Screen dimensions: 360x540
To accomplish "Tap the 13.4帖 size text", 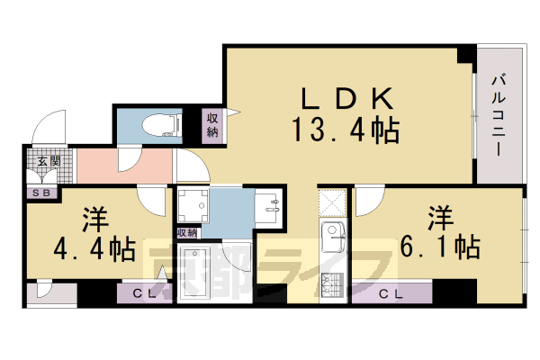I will click(345, 133).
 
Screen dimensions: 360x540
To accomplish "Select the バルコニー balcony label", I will click(500, 118).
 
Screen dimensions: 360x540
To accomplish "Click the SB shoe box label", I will click(41, 192).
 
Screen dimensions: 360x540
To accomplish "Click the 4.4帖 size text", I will click(94, 247).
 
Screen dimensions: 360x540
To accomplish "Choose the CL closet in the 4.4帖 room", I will click(143, 293).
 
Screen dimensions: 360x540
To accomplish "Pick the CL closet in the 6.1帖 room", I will click(390, 293).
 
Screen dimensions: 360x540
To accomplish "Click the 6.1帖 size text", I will click(440, 245).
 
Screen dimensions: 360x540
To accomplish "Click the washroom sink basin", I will click(269, 207).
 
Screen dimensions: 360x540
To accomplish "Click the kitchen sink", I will click(332, 240).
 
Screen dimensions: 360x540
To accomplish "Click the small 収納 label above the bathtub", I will click(186, 233).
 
